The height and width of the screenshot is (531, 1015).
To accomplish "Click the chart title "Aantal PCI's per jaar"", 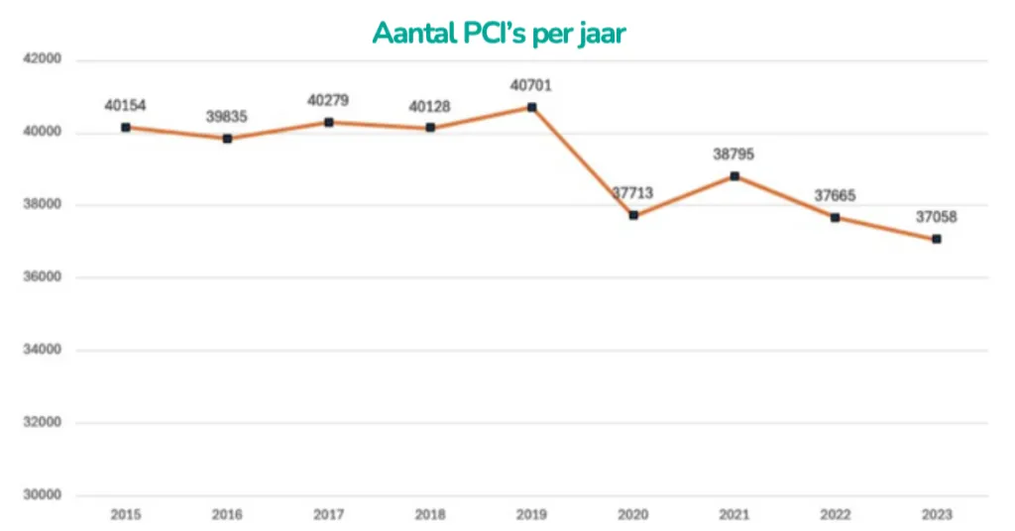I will [500, 33].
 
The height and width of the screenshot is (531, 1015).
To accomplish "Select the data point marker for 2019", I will [531, 107].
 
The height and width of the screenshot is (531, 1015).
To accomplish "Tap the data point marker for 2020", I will [633, 215].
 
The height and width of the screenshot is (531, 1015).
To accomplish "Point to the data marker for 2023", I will [936, 239].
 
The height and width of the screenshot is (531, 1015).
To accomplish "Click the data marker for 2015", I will [126, 127].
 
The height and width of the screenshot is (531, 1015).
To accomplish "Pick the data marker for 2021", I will [734, 176].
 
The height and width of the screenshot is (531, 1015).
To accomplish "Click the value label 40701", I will [531, 86].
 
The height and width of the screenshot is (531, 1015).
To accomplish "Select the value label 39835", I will [227, 117].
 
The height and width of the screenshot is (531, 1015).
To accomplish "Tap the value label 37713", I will [633, 194].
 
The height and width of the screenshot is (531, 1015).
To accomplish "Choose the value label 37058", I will [936, 217].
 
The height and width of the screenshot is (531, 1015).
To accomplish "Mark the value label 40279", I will [328, 100].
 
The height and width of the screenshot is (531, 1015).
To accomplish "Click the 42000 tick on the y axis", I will [42, 59].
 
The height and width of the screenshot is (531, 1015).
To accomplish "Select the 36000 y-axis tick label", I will [42, 277].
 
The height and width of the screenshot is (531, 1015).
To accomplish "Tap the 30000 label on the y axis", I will [42, 495].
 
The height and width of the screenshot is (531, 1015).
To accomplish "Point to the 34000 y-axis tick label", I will [42, 350].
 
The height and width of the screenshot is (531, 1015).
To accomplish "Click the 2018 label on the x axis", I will [429, 515].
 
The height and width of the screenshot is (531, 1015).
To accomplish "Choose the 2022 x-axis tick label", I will [835, 515].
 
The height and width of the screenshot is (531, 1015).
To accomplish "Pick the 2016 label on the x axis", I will [227, 515].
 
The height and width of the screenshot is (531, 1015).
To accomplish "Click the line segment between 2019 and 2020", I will [583, 161].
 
